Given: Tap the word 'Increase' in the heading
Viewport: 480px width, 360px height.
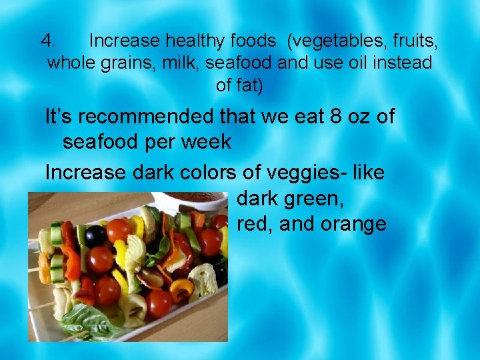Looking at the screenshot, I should tap(124, 41).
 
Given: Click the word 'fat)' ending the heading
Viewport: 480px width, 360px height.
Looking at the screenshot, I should tap(249, 85).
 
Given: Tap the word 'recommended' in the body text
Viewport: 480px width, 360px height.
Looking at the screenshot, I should tap(151, 117).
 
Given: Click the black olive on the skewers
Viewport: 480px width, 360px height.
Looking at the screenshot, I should tap(96, 235).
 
